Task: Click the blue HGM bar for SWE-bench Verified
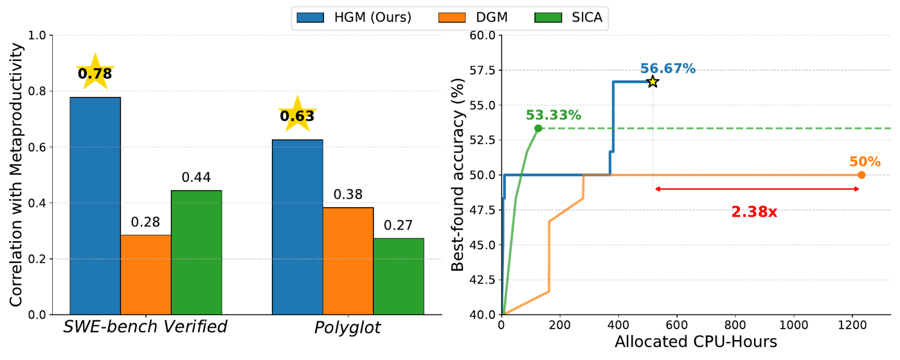[95, 206]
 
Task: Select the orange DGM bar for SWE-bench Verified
[146, 275]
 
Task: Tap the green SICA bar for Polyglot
[399, 276]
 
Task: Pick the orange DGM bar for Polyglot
[348, 261]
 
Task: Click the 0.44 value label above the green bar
[196, 177]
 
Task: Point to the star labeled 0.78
[95, 72]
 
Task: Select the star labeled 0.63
[297, 114]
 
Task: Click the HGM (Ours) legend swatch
[310, 18]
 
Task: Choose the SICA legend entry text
[587, 18]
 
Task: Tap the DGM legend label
[492, 18]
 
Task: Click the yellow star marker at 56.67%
[653, 82]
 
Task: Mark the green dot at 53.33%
[539, 128]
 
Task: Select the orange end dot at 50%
[861, 175]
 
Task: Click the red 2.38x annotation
[754, 212]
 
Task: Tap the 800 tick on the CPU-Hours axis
[735, 325]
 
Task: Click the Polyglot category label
[348, 327]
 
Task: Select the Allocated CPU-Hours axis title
[696, 342]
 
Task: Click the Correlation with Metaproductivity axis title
[16, 175]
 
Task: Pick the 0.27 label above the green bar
[398, 225]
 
